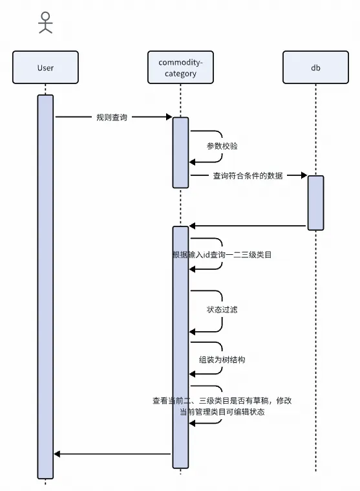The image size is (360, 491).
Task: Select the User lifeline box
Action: click(x=45, y=67)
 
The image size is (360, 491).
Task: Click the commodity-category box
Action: click(x=180, y=67)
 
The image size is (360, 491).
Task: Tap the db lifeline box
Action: click(x=315, y=67)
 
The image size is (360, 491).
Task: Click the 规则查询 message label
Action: click(x=112, y=117)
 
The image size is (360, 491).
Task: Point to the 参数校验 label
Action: click(x=222, y=146)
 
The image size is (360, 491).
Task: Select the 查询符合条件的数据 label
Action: click(x=248, y=175)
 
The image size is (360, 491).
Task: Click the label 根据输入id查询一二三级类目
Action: click(x=222, y=255)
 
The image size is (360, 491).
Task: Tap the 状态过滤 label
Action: click(x=222, y=309)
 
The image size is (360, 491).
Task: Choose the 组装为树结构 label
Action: click(x=222, y=359)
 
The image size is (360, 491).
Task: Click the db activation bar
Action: click(x=315, y=202)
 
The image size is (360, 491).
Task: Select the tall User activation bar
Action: click(x=45, y=285)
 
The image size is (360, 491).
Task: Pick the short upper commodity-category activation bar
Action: click(x=180, y=152)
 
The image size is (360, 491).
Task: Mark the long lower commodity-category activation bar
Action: click(x=180, y=346)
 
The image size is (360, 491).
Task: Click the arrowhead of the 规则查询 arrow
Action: click(x=169, y=117)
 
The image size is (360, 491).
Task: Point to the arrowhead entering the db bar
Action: click(x=303, y=175)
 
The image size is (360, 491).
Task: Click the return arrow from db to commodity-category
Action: click(x=246, y=226)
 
